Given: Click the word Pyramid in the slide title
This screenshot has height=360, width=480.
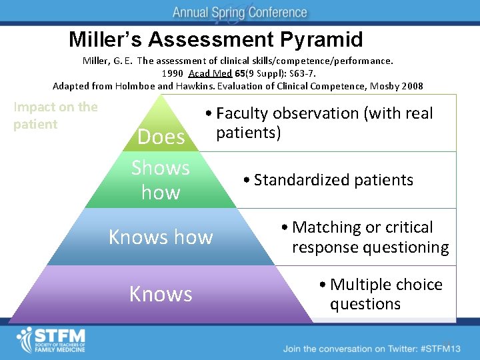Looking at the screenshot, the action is click(x=325, y=40).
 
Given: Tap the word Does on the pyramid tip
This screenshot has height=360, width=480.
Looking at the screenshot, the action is click(x=161, y=137).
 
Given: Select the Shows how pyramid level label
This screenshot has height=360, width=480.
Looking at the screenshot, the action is click(x=161, y=180).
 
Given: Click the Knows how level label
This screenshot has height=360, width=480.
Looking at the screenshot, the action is click(x=161, y=237).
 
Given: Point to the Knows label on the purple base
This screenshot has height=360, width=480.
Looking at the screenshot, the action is click(x=161, y=294).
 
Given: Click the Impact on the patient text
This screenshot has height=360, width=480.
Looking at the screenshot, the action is click(x=55, y=115).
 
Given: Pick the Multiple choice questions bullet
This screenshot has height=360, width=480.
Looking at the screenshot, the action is click(x=382, y=294).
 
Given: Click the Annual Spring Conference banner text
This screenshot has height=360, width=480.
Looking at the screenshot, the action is click(x=239, y=13).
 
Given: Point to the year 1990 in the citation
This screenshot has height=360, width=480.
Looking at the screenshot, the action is click(x=172, y=73).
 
